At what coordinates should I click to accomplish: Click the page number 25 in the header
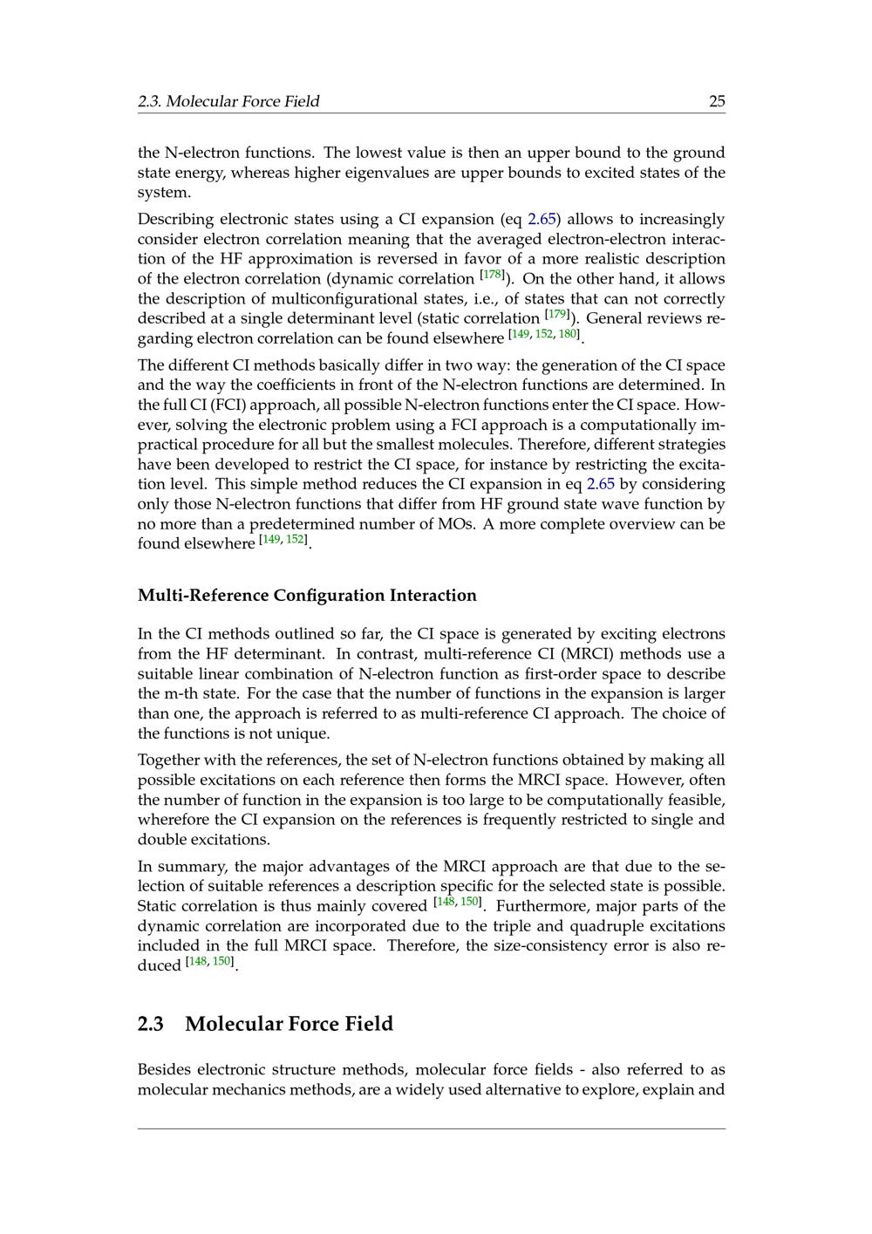click(x=717, y=101)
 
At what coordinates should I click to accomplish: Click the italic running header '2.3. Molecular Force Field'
click(x=228, y=101)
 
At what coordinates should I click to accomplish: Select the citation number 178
click(x=493, y=275)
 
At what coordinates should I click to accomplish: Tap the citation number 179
click(x=558, y=314)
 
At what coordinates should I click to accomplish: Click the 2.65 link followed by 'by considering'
click(x=600, y=484)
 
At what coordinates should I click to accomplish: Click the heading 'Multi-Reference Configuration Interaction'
click(x=307, y=596)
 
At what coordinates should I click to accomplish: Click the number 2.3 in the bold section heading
click(x=151, y=1024)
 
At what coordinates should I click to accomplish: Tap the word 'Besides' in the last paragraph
click(x=164, y=1070)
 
